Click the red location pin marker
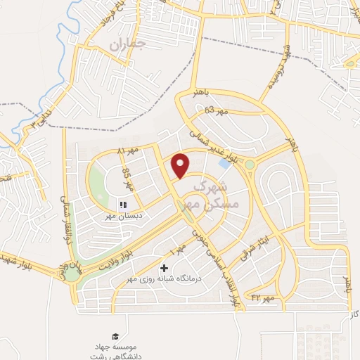coord(181,165)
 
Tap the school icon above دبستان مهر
coord(122,205)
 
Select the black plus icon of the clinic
coord(165,268)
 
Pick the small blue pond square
coord(224,163)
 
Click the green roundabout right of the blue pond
coord(250,165)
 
